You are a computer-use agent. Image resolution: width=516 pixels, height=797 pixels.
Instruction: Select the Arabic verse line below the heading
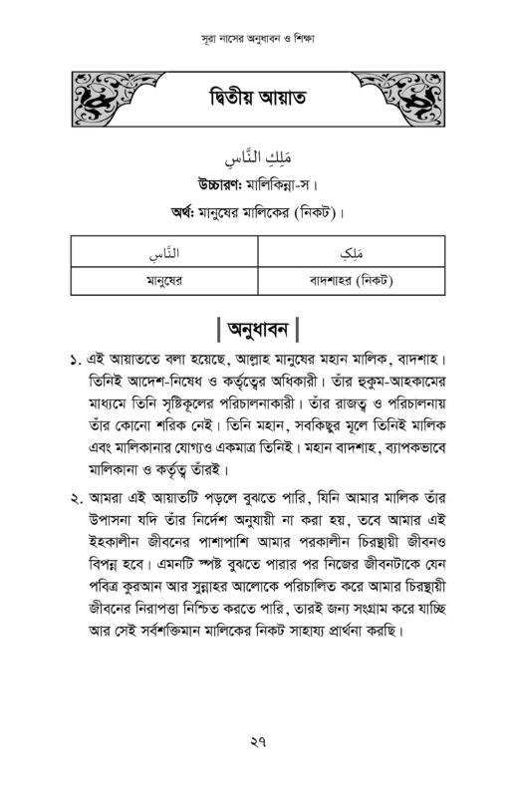(257, 158)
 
